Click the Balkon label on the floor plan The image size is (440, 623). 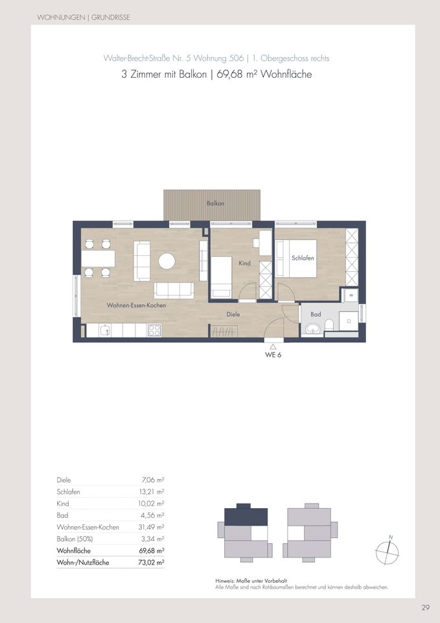pyautogui.click(x=216, y=204)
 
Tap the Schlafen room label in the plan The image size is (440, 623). pyautogui.click(x=303, y=258)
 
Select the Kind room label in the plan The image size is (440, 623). pyautogui.click(x=244, y=263)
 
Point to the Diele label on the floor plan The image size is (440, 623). pyautogui.click(x=233, y=314)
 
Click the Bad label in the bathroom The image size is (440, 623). pyautogui.click(x=316, y=314)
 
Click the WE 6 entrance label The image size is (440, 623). pyautogui.click(x=273, y=356)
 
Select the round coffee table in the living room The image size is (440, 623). pyautogui.click(x=167, y=261)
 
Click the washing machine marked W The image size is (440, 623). pyautogui.click(x=351, y=295)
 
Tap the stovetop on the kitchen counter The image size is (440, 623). pyautogui.click(x=154, y=330)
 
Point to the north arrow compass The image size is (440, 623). pyautogui.click(x=387, y=551)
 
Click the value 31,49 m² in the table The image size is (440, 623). pyautogui.click(x=152, y=527)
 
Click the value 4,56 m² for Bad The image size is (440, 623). pyautogui.click(x=154, y=515)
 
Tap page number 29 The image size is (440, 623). pyautogui.click(x=425, y=608)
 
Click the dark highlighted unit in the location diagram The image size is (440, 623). pyautogui.click(x=245, y=517)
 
